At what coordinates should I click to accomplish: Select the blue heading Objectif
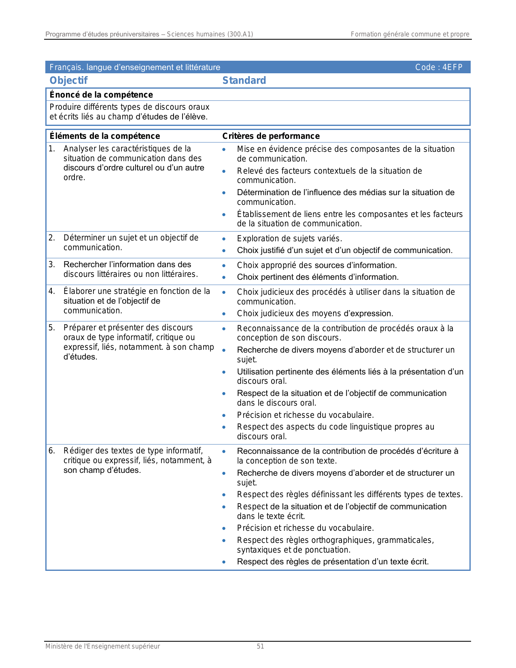68,80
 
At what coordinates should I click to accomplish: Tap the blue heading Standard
244,80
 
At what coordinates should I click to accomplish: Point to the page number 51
260,646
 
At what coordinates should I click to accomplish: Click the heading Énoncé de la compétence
101,95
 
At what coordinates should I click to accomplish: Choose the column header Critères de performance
271,136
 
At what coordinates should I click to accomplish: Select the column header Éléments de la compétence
105,136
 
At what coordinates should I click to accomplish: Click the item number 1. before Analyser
51,149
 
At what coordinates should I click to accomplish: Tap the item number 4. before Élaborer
51,291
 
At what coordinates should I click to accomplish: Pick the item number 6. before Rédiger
51,451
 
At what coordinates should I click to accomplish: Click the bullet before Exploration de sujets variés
224,239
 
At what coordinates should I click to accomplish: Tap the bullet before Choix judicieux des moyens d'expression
224,314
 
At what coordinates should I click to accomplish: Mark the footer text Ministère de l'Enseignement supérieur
102,646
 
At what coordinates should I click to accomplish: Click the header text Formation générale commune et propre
410,34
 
